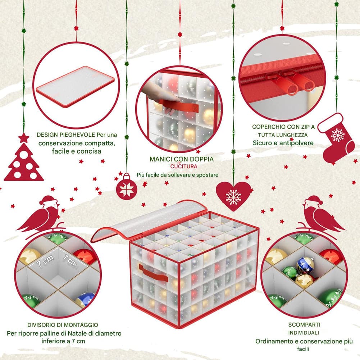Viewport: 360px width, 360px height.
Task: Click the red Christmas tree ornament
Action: pos(24,161)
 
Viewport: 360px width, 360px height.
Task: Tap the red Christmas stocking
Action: pos(336,138)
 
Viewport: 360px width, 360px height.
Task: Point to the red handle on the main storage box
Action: pos(153,273)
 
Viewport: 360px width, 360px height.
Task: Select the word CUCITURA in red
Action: pos(184,167)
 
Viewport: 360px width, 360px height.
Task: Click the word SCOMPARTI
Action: pos(304,325)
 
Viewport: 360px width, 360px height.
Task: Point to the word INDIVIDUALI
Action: pos(304,333)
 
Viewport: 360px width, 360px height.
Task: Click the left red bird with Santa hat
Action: pos(41,216)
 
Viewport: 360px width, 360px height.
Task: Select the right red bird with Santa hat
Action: pos(320,216)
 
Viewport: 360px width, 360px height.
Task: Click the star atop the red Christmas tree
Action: pos(24,138)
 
